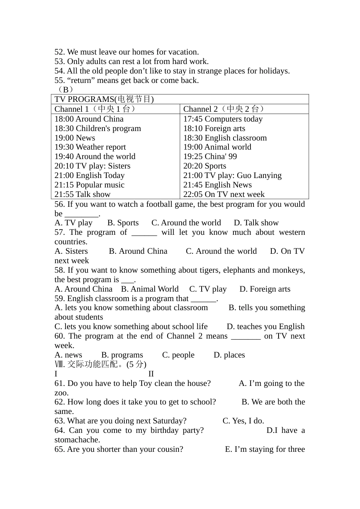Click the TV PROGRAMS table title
tap(104, 99)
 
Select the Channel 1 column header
tap(95, 109)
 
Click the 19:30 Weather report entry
tap(90, 147)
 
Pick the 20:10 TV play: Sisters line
tap(92, 166)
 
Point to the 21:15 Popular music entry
tap(89, 185)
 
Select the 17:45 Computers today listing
tap(223, 119)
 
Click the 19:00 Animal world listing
tap(217, 147)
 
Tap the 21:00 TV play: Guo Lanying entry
tap(232, 175)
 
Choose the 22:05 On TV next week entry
tap(224, 194)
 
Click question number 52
tap(59, 52)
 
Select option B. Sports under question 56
tap(123, 223)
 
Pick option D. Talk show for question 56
tap(256, 223)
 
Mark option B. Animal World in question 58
tap(150, 289)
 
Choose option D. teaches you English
tap(266, 326)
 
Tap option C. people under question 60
tap(178, 355)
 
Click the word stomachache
tap(77, 440)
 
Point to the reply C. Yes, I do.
tap(243, 421)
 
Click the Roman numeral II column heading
tap(151, 374)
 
